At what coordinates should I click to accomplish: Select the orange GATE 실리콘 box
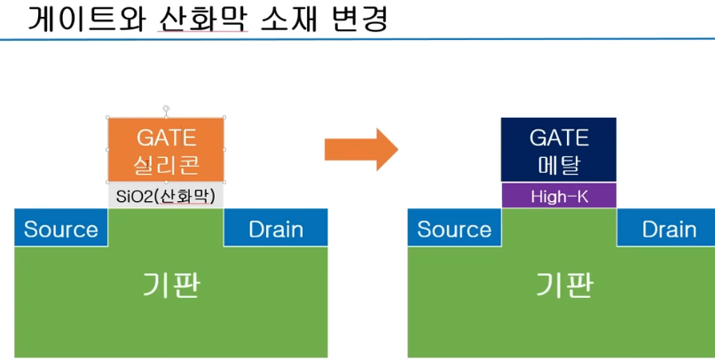tap(166, 149)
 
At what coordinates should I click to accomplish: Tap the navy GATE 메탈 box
tap(559, 150)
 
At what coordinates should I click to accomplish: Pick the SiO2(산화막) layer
tap(166, 195)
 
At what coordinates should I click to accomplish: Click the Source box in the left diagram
tap(61, 229)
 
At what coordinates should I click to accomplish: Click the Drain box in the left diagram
tap(276, 229)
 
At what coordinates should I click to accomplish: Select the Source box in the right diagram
tap(454, 229)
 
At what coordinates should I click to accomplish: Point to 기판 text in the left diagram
tap(171, 285)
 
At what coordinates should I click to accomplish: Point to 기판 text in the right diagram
tap(564, 285)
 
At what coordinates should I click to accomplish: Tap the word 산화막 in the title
tap(200, 19)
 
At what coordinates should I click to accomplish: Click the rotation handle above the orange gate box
tap(166, 107)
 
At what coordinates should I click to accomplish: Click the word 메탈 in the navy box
tap(559, 164)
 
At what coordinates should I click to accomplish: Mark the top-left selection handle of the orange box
tap(108, 118)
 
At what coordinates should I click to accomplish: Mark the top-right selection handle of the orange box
tap(224, 118)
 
